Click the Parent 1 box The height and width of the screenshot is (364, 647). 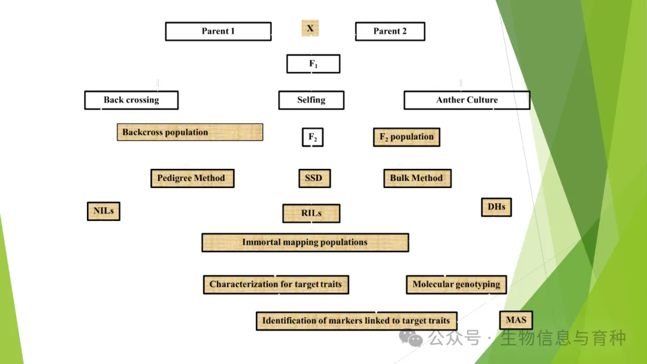pos(218,31)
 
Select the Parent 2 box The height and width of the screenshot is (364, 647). pos(390,31)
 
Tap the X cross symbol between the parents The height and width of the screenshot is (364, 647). pos(310,28)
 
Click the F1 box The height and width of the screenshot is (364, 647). pos(313,64)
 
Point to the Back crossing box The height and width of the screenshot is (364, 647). pos(131,100)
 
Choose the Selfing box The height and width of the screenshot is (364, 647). pos(311,100)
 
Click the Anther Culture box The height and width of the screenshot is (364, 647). pos(467,100)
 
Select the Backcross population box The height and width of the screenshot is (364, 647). pos(189,132)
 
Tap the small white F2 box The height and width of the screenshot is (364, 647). pos(312,137)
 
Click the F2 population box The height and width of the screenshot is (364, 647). pos(406,137)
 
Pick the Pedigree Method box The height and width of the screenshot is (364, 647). pos(192,178)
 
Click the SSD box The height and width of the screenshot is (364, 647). pos(313,178)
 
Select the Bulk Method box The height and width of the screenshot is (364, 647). pos(416,178)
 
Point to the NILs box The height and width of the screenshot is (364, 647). pos(104,211)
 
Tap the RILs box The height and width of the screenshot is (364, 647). pos(311,213)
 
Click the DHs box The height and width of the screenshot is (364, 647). pos(496,207)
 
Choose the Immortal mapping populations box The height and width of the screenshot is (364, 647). pos(305,242)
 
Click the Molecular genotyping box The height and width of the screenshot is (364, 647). pos(456,284)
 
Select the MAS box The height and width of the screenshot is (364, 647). pos(515,320)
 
